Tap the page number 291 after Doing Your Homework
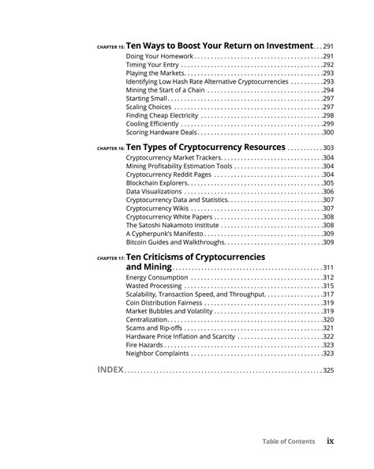click(x=328, y=57)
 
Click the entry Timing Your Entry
click(x=153, y=65)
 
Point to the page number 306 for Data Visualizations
click(x=328, y=192)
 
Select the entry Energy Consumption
click(x=156, y=277)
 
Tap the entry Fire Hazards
click(x=146, y=344)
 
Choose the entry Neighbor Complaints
click(x=159, y=353)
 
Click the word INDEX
click(x=110, y=370)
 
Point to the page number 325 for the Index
click(x=328, y=371)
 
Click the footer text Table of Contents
click(x=289, y=441)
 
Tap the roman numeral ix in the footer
click(x=331, y=441)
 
